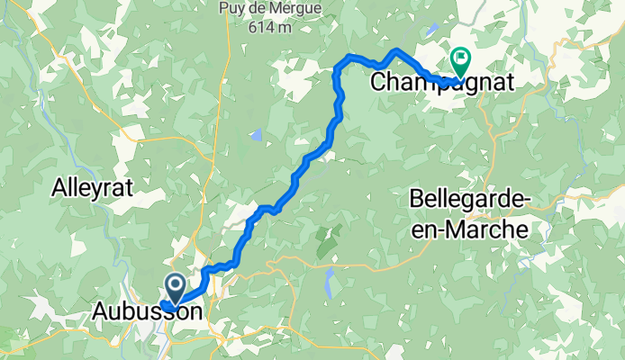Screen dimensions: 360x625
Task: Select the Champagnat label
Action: click(442, 83)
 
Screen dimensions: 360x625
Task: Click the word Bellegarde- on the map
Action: click(468, 199)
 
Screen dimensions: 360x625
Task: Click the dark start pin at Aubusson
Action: click(175, 287)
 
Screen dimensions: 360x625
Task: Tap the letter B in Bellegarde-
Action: click(416, 199)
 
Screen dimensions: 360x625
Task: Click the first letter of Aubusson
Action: click(99, 312)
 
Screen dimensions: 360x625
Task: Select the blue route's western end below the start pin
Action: click(165, 306)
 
